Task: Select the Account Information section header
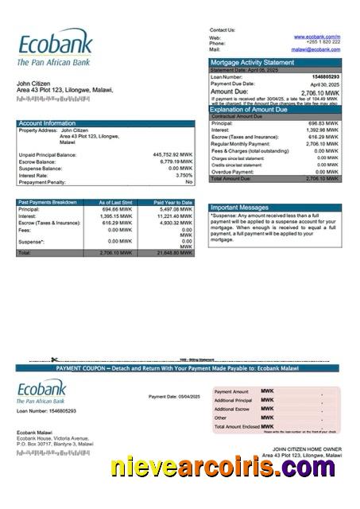(x=48, y=123)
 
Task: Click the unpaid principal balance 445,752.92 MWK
(x=172, y=154)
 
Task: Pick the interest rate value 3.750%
(x=184, y=175)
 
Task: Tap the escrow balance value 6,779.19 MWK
(x=175, y=161)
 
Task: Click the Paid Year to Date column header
(x=173, y=203)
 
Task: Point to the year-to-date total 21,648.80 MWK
(x=174, y=253)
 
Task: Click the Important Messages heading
(x=240, y=208)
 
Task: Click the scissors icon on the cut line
(x=55, y=360)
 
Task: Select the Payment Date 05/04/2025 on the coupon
(x=174, y=396)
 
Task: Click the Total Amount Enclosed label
(x=238, y=426)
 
